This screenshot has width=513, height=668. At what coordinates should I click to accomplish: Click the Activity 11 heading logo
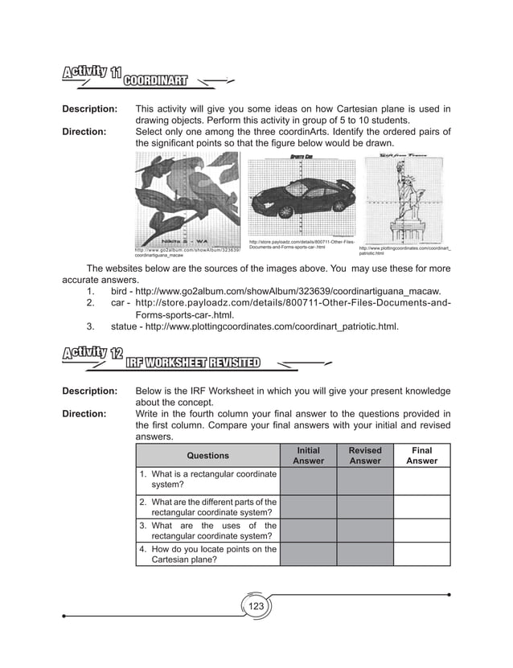coord(89,75)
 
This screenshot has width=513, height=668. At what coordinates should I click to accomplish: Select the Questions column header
coord(207,456)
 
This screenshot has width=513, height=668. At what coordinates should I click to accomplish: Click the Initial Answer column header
coord(308,456)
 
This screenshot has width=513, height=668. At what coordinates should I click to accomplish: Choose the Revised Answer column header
coord(364,456)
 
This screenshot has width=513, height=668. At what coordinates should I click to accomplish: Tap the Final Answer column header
coord(421,456)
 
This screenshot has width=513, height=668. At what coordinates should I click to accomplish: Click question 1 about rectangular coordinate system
coord(207,480)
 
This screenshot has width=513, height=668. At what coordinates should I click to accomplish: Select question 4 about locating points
coord(207,555)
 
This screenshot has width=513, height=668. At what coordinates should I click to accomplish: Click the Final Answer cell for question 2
coord(421,507)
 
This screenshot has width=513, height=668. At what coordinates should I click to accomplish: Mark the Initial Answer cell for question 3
coord(308,531)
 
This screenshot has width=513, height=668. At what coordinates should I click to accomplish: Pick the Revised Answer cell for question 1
coord(364,480)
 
